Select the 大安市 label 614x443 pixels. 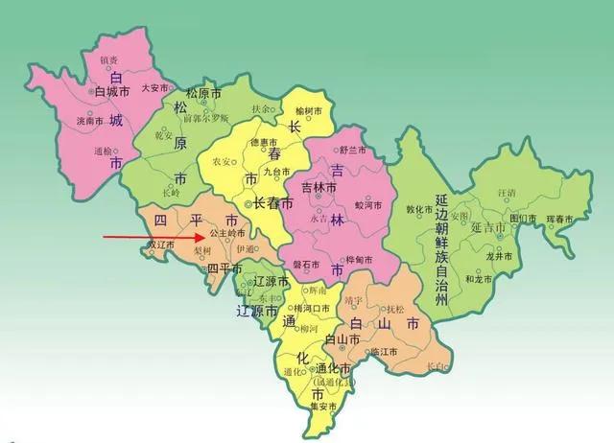pyautogui.click(x=155, y=87)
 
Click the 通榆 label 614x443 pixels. pyautogui.click(x=104, y=151)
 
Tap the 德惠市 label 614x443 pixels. pyautogui.click(x=263, y=143)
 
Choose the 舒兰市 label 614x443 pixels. pyautogui.click(x=354, y=151)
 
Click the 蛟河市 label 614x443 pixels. pyautogui.click(x=369, y=205)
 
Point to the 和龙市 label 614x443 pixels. pyautogui.click(x=479, y=279)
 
